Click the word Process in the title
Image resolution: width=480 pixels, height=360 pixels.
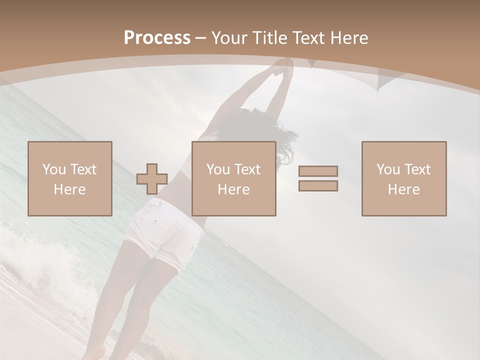tap(157, 38)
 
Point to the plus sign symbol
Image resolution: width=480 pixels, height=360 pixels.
tap(152, 179)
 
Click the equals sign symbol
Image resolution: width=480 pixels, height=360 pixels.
tap(318, 178)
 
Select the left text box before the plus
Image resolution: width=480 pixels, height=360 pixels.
tap(70, 178)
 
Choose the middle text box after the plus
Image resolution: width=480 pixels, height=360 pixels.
tap(234, 178)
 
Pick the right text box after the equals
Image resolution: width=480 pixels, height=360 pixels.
tap(404, 178)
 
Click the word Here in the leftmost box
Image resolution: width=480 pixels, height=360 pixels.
tap(70, 189)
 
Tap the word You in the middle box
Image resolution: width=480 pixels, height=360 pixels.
tap(218, 169)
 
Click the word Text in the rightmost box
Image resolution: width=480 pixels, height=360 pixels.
tap(418, 169)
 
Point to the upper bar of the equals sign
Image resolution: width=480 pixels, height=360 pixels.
tap(318, 171)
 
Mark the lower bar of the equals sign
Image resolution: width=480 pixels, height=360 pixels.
tap(318, 186)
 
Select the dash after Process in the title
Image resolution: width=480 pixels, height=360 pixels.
tap(200, 38)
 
